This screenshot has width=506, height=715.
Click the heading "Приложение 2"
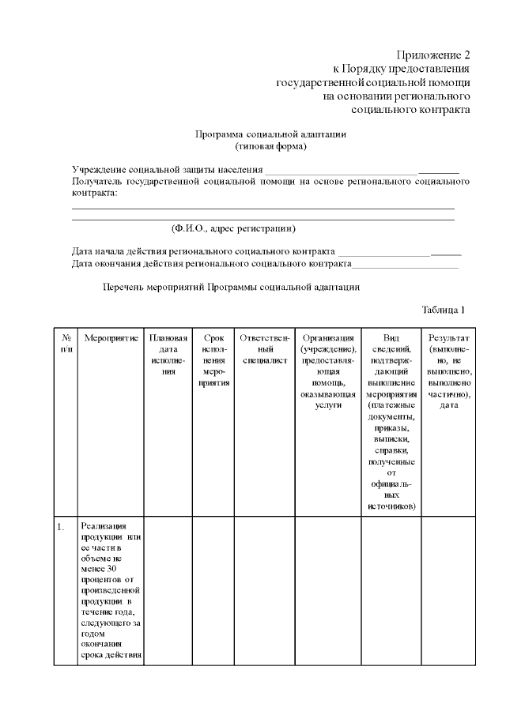(x=433, y=55)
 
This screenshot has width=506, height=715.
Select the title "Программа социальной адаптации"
(x=270, y=134)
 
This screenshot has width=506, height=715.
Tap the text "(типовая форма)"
(x=270, y=146)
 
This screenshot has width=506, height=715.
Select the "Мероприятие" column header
(x=111, y=337)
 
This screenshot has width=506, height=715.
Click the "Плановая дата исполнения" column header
(x=168, y=354)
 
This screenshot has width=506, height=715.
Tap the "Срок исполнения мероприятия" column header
(x=213, y=359)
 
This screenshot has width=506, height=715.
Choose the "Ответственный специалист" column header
(x=264, y=343)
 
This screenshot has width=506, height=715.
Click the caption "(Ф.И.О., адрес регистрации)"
(x=233, y=228)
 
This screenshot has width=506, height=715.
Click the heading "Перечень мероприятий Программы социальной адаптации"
(x=232, y=287)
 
